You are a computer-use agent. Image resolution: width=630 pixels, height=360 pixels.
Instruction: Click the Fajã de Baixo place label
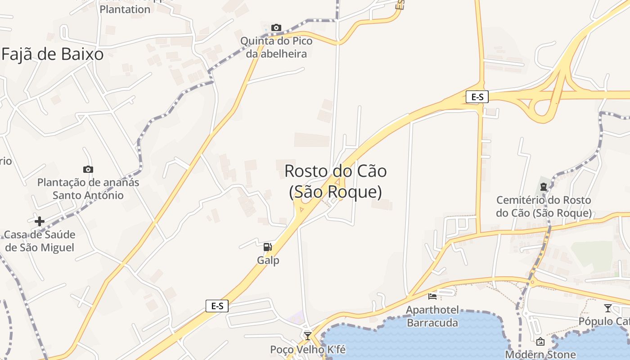(53, 54)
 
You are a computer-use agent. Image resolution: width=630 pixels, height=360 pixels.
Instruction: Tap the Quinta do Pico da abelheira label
(276, 47)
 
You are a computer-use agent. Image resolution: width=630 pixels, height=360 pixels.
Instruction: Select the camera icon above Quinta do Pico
(276, 28)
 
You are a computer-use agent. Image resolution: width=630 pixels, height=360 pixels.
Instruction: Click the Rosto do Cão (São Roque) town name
(335, 181)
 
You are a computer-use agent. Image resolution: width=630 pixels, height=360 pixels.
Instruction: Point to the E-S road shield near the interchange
(477, 97)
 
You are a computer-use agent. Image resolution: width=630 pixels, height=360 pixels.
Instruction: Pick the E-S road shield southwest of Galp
(217, 306)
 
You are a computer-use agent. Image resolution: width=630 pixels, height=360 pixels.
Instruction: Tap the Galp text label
(268, 261)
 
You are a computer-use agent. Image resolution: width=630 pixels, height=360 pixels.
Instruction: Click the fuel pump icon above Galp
(268, 247)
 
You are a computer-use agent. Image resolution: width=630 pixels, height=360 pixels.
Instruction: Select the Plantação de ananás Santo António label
(88, 189)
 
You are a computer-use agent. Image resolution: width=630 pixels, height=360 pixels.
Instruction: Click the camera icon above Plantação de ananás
(88, 170)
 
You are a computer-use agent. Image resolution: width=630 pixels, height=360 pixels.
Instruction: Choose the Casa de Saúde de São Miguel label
(40, 241)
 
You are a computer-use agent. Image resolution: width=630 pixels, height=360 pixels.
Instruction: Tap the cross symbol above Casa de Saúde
(40, 221)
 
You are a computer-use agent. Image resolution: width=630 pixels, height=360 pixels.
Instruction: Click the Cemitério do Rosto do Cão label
(544, 207)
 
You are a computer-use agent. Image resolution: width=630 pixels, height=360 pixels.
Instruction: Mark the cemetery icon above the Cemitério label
(544, 187)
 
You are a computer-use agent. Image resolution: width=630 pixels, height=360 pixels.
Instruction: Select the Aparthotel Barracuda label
(432, 316)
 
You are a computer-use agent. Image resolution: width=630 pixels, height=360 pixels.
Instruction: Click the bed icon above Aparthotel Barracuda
(432, 296)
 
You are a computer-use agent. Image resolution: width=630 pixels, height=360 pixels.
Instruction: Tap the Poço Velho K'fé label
(308, 350)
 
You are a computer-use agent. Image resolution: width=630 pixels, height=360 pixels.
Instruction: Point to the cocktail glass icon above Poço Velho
(308, 336)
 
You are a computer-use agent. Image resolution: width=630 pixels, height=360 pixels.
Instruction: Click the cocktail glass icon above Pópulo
(608, 308)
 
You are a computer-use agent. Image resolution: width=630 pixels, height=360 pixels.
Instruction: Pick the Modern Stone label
(540, 354)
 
